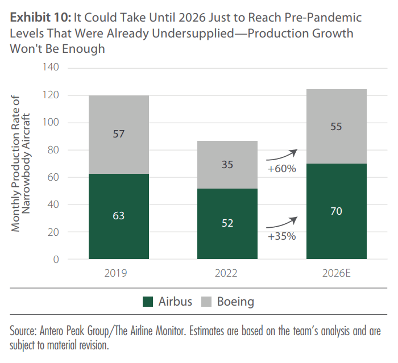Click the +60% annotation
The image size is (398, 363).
point(281,169)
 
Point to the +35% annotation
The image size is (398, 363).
point(281,236)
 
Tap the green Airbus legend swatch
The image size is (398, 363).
point(148,302)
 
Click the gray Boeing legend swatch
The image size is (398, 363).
point(206,302)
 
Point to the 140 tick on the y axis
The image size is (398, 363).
point(52,68)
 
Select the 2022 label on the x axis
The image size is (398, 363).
point(227,273)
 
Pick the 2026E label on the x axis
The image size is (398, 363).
point(336,273)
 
